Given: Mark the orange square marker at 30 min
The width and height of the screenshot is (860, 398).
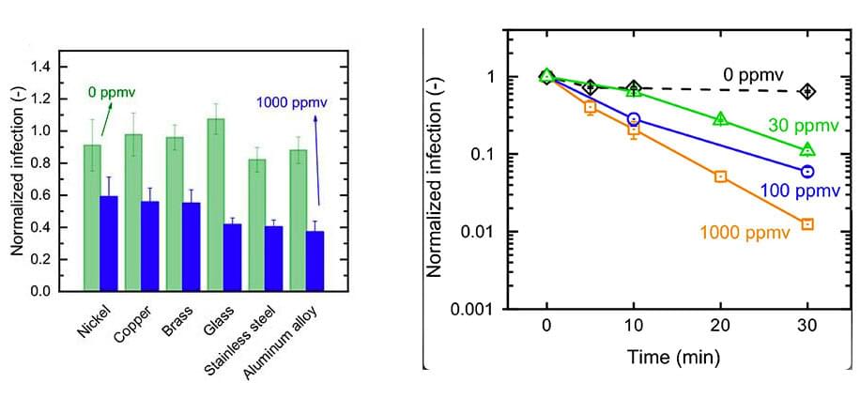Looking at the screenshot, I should (806, 224).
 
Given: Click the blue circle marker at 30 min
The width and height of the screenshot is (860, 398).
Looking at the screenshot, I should (806, 172).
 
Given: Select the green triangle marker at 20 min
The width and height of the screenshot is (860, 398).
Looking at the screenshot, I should (720, 119).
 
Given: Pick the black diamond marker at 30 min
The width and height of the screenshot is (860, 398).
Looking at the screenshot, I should (806, 91).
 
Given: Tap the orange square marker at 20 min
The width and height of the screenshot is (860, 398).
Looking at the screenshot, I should (720, 176).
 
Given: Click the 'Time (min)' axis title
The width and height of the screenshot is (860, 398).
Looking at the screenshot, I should (676, 357).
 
